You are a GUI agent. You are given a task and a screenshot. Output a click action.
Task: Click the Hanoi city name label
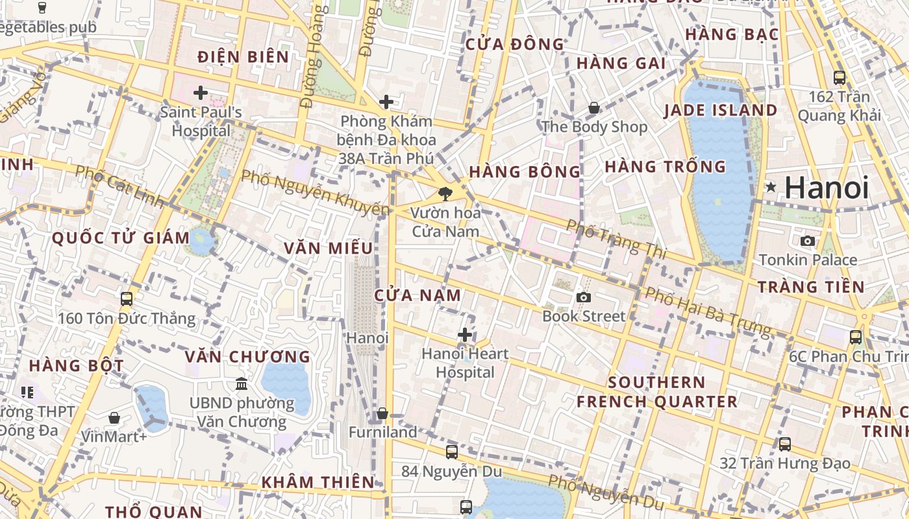click(826, 188)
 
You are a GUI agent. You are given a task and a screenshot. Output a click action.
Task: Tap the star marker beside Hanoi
click(771, 187)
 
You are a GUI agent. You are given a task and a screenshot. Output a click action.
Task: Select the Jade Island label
click(720, 110)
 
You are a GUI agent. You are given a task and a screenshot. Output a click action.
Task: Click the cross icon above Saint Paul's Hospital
click(201, 93)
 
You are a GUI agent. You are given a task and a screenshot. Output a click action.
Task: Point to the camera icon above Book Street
click(584, 297)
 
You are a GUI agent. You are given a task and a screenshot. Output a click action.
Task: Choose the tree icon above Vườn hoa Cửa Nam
click(445, 193)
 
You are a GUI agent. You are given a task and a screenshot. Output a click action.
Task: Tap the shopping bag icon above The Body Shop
click(594, 108)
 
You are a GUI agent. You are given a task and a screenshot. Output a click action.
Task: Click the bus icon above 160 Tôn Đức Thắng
click(127, 299)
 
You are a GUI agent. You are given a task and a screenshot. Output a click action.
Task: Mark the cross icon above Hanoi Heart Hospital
click(465, 335)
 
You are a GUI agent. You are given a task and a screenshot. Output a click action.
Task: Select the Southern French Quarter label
click(657, 392)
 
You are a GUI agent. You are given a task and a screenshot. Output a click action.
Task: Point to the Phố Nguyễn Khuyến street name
click(316, 192)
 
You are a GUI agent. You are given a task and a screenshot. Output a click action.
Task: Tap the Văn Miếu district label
click(329, 248)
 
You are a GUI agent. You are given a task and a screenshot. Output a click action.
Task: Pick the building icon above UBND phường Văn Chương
click(242, 384)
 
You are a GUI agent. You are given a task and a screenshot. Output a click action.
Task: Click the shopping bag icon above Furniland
click(382, 413)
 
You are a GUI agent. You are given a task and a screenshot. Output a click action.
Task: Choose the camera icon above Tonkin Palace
click(808, 241)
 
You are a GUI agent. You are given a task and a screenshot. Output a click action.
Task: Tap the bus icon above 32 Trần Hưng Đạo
click(785, 444)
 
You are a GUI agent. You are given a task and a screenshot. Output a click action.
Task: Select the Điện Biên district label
click(243, 57)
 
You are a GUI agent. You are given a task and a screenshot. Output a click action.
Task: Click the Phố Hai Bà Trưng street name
click(708, 312)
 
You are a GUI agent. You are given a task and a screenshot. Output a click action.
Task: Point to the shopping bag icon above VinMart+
click(114, 417)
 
